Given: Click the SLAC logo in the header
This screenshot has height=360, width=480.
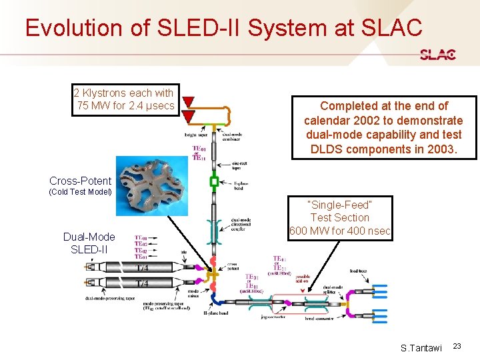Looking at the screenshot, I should (438, 55).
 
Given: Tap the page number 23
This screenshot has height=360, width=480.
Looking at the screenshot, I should (457, 345).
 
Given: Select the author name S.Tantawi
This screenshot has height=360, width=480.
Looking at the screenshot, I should (421, 347).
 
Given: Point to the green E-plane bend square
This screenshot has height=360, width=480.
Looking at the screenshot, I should (214, 181).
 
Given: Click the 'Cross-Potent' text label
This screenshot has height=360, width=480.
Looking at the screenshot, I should (80, 181).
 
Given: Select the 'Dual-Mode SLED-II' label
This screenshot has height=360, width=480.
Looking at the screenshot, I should (89, 243).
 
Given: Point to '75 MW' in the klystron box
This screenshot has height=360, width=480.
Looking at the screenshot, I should (93, 106).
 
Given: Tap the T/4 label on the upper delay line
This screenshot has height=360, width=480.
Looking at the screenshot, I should (143, 268).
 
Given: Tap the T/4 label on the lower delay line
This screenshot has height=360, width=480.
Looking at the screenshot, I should (143, 284).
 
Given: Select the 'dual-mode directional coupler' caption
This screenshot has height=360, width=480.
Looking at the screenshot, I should (240, 227).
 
